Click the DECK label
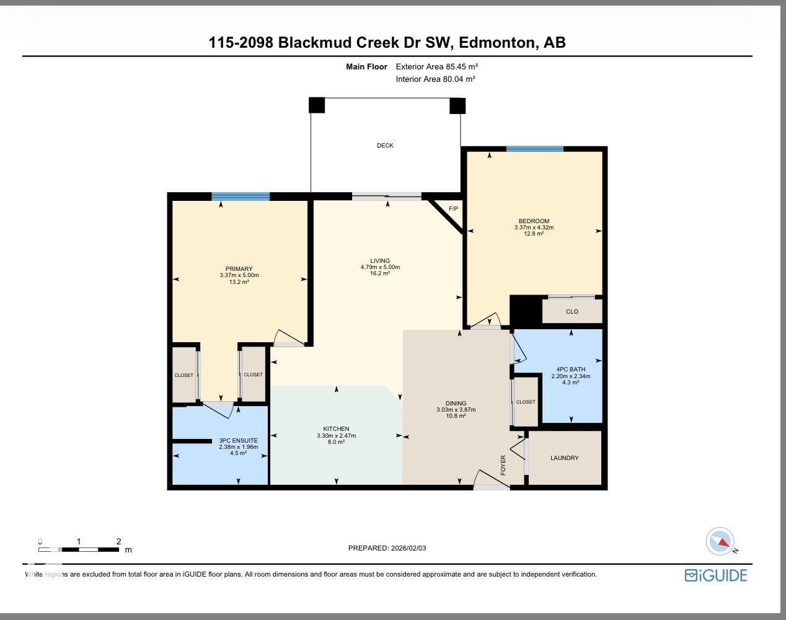385,146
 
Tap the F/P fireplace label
453,209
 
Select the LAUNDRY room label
564,458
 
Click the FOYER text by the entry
503,464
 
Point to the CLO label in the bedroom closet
572,312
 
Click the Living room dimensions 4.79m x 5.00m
380,267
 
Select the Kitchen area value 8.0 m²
336,442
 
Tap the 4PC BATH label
570,370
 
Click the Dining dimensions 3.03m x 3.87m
456,410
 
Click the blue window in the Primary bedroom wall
241,197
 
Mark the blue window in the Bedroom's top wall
534,149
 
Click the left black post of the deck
316,105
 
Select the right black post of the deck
457,106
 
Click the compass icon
720,541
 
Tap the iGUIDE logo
716,575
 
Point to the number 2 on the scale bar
118,541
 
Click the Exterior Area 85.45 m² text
436,66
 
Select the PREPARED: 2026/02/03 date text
387,548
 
